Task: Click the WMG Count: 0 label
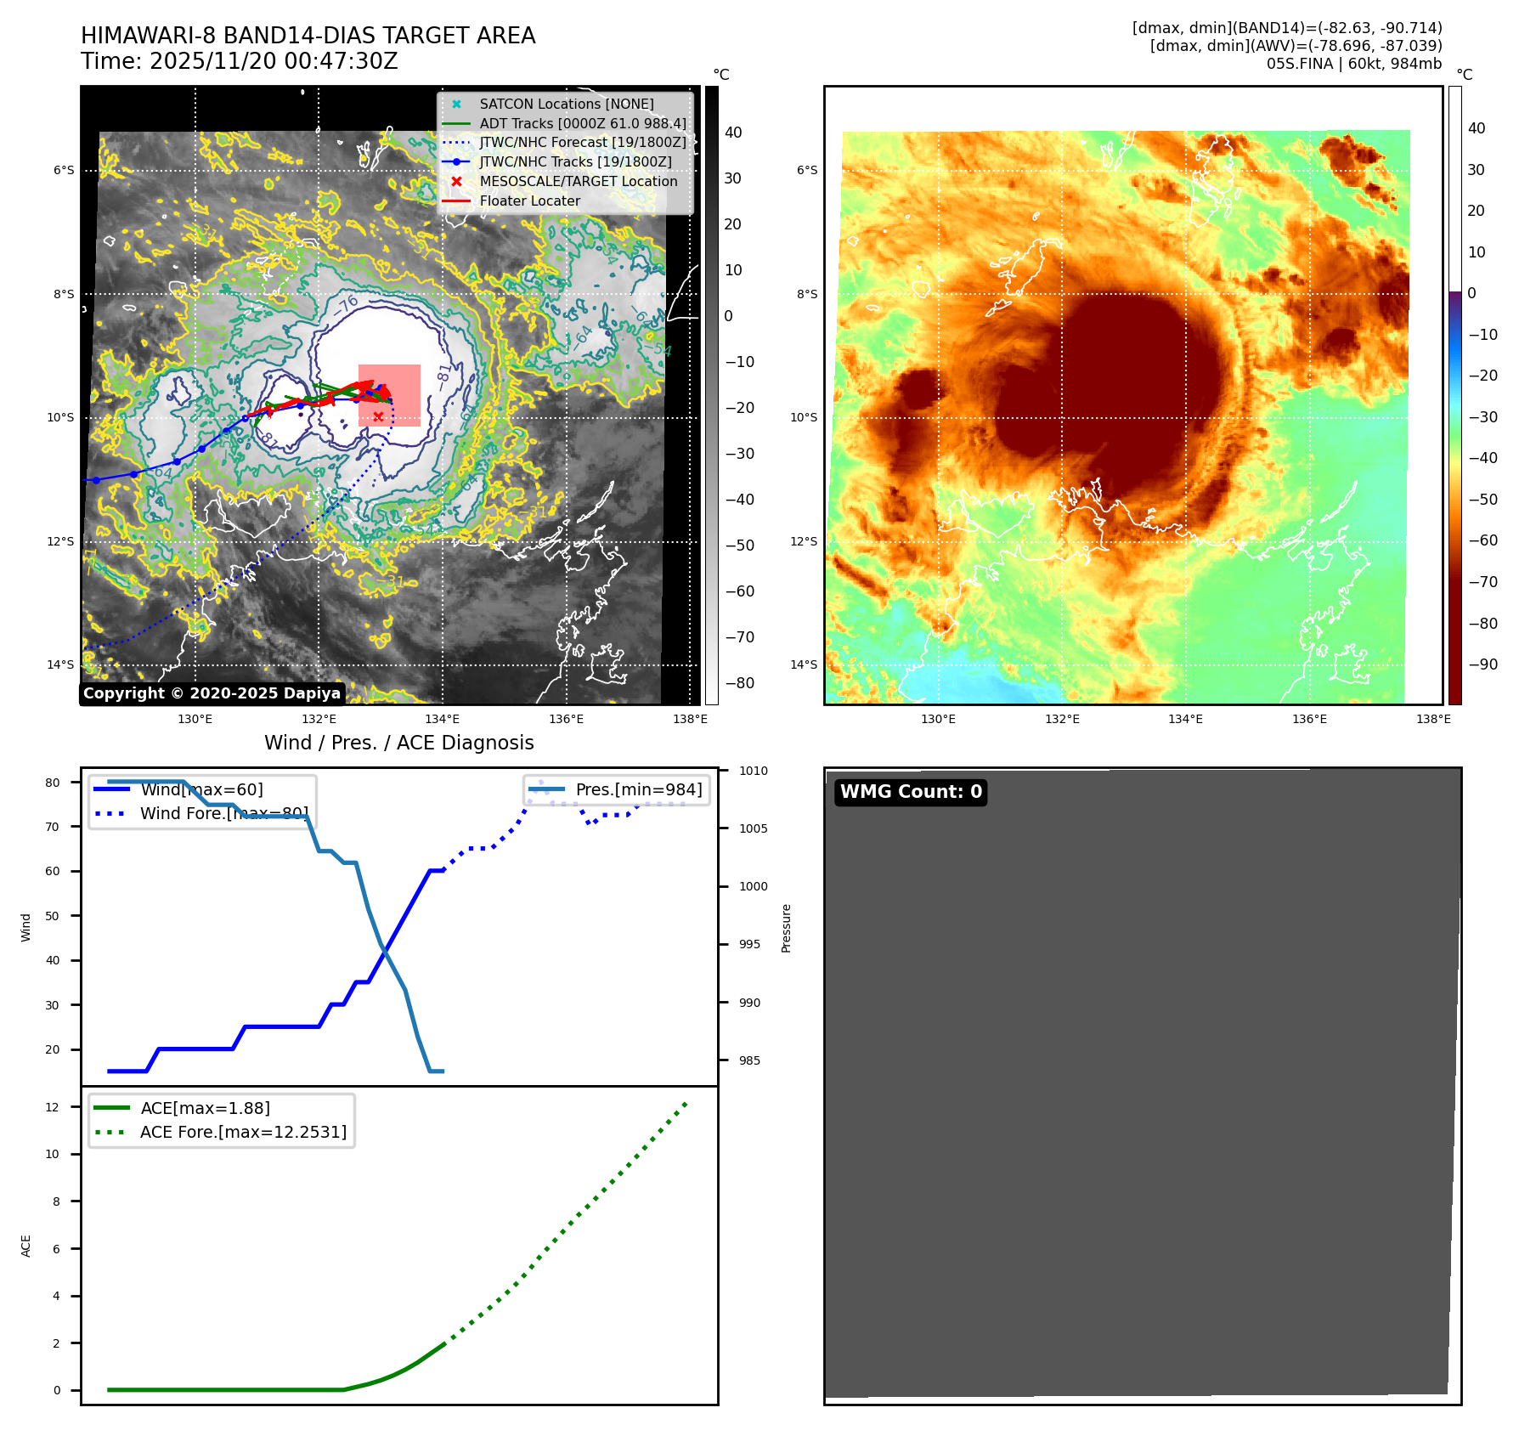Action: coord(910,792)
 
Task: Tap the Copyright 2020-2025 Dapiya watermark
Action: coord(212,693)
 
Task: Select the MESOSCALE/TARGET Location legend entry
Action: coord(578,181)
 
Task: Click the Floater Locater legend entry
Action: coord(529,201)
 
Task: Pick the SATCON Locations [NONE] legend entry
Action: coord(566,104)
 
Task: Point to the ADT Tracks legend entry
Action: coord(582,123)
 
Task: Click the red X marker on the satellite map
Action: coord(378,416)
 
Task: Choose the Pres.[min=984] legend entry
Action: coord(638,789)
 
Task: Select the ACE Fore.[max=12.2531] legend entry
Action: coord(243,1132)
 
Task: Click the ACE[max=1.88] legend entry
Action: coord(205,1108)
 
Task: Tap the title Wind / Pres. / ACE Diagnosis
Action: coord(399,743)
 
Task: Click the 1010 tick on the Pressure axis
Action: coord(753,771)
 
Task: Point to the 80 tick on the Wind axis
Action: coord(53,783)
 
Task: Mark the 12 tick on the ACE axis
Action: coord(53,1107)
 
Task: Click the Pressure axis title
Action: coord(786,928)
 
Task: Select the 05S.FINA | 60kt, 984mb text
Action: coord(1354,64)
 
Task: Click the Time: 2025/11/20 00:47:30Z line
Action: coord(240,61)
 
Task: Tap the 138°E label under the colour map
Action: coord(1433,719)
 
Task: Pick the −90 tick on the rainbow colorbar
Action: coord(1483,664)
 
